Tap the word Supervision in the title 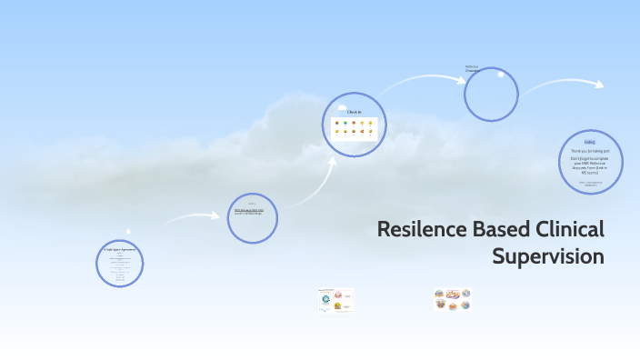pos(547,257)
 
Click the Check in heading pos(355,112)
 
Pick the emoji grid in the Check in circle pos(355,127)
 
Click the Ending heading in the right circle pos(590,142)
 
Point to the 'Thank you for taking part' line pos(590,150)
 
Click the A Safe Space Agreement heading pos(119,248)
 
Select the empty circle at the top pos(491,95)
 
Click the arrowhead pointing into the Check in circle pos(333,159)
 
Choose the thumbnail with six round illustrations pos(452,299)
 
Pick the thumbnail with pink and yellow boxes pos(335,299)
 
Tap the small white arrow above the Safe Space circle pos(128,231)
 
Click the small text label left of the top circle pos(472,68)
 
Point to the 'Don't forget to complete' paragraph pos(590,164)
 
